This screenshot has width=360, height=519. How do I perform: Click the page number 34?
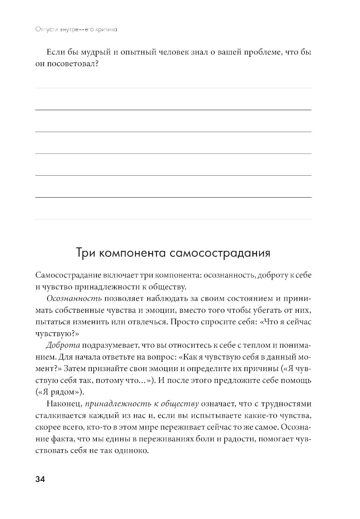pos(39,479)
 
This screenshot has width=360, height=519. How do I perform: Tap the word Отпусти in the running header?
pos(42,30)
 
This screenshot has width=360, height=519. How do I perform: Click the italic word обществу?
pos(181,404)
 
